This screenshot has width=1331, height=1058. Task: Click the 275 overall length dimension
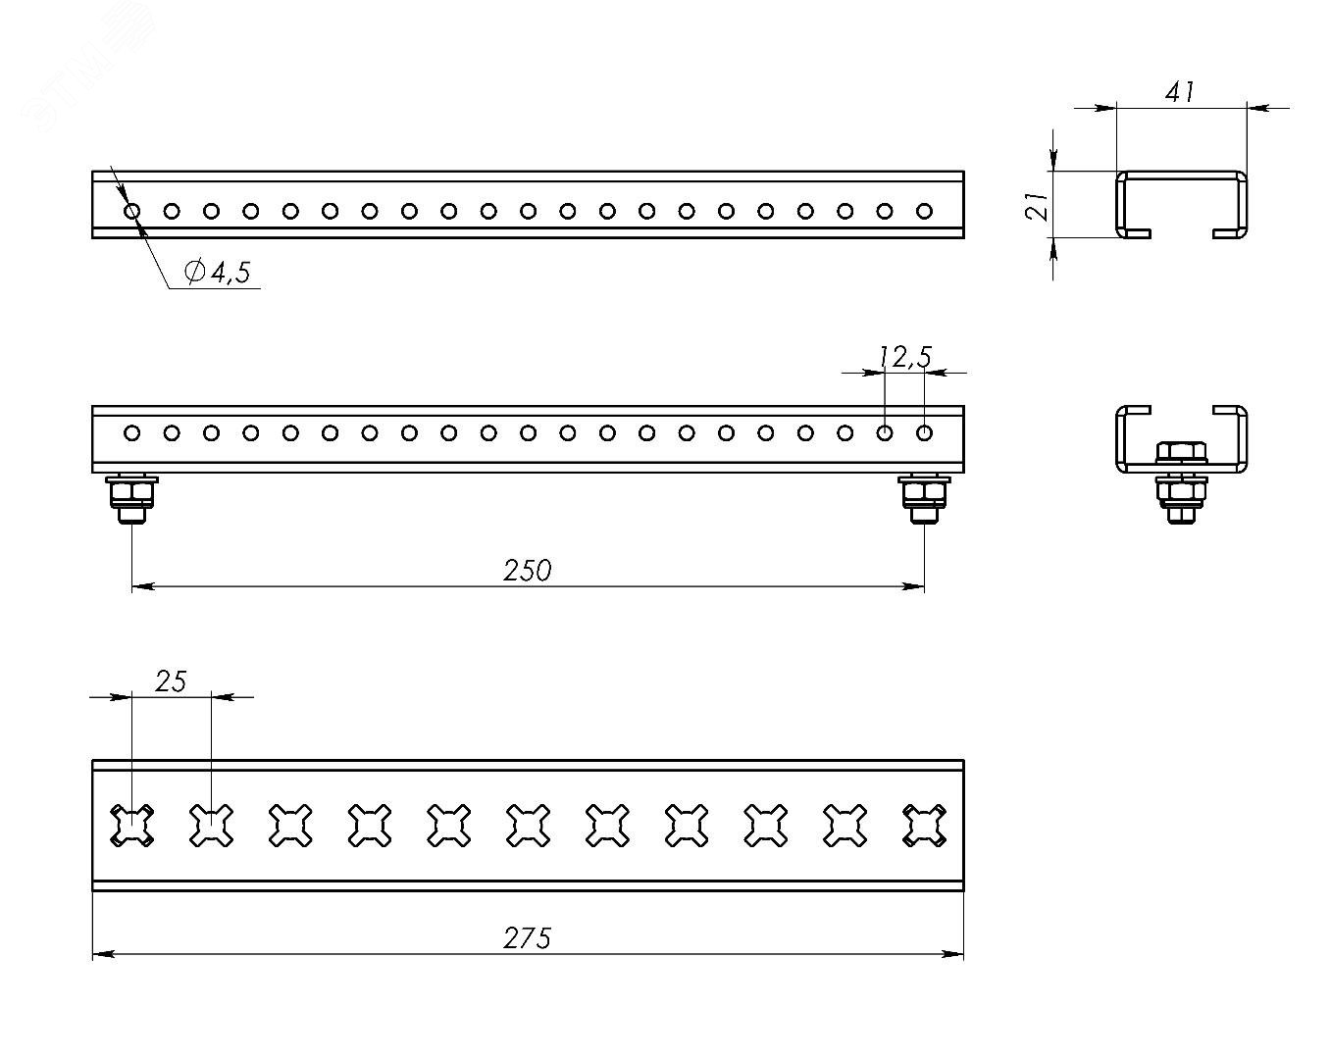pos(528,938)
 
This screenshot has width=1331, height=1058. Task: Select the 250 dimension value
pos(528,570)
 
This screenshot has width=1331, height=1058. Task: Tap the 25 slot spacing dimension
pos(171,681)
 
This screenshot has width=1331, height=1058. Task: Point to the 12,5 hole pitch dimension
pos(904,358)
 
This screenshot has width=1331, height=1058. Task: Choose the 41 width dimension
pos(1180,93)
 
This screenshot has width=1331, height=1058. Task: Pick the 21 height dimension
pos(1039,205)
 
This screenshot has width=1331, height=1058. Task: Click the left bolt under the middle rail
pos(132,498)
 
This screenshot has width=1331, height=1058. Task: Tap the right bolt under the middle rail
pos(924,498)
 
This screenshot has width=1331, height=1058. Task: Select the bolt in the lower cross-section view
pos(1181,480)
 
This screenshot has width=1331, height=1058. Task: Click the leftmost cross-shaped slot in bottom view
pos(131,826)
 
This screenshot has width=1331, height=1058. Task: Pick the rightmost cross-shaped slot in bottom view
pos(924,826)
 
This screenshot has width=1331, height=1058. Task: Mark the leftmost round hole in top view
pos(131,211)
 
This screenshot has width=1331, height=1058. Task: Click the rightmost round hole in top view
pos(924,211)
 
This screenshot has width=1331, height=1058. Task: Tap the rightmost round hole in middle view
pos(924,432)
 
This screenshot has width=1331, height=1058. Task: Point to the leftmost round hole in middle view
pos(131,432)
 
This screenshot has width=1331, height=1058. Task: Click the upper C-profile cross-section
pos(1181,204)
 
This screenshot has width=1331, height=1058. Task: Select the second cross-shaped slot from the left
pos(211,826)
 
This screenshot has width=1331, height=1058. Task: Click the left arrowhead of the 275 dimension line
pos(100,953)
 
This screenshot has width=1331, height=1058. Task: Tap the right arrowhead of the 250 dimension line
pos(916,586)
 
